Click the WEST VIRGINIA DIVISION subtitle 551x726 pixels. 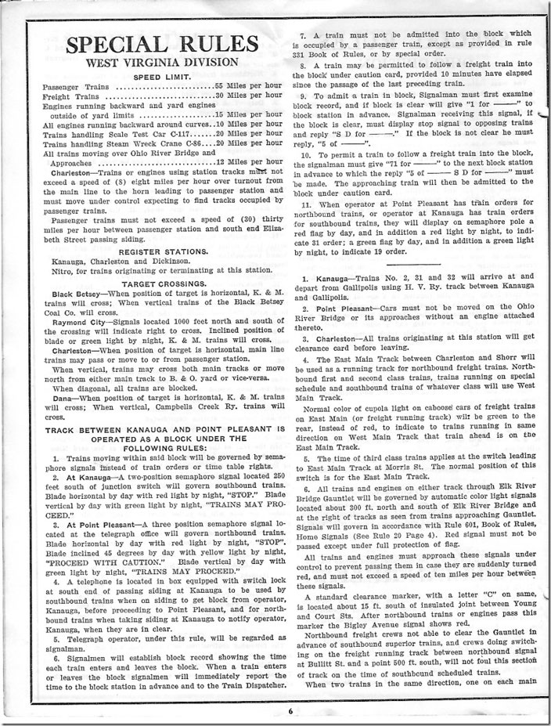point(152,63)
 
